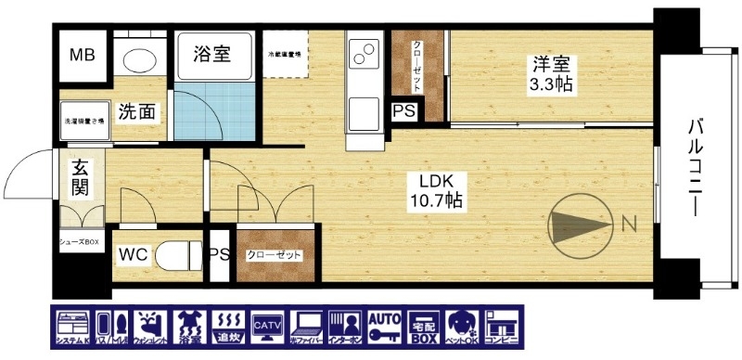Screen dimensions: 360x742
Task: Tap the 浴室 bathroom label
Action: [211, 55]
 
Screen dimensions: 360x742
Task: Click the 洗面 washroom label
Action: [136, 113]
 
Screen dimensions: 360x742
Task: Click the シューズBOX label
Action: [80, 242]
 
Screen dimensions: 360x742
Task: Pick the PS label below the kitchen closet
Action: [403, 111]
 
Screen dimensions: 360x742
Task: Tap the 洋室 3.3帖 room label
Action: [552, 73]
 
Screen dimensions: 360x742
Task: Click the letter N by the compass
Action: [628, 223]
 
